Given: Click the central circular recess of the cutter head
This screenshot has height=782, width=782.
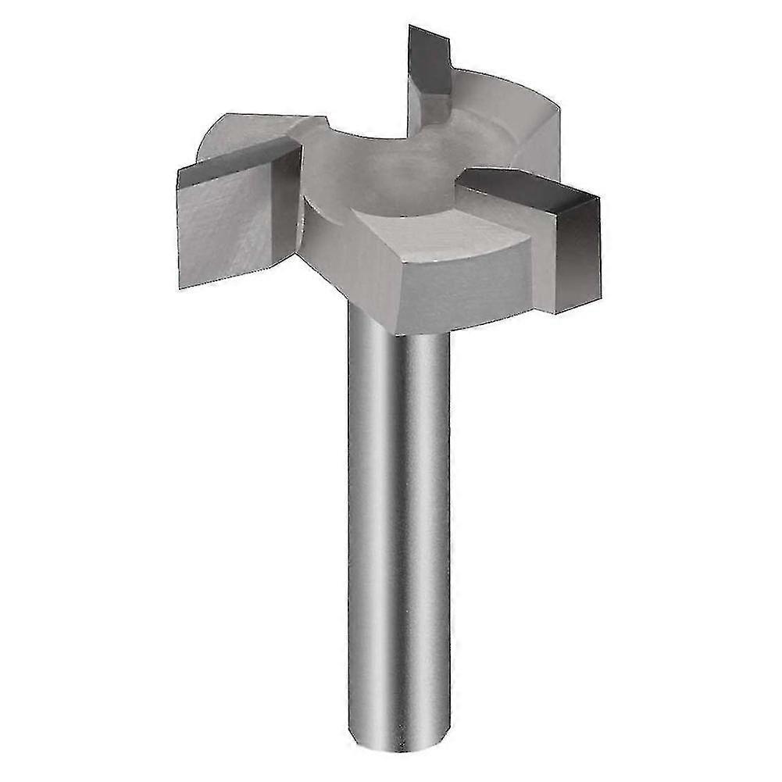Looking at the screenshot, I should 398,172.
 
